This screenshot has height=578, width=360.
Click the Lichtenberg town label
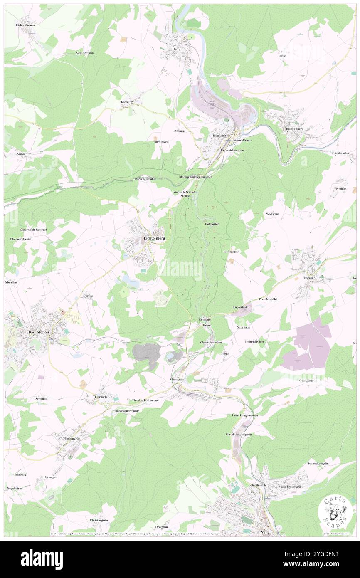154,238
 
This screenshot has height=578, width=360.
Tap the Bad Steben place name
37,332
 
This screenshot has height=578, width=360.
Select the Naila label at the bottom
264,532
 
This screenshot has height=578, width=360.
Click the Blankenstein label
221,136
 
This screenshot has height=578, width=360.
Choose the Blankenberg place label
296,129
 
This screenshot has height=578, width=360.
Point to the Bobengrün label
72,438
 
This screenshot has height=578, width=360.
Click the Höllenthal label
212,224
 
